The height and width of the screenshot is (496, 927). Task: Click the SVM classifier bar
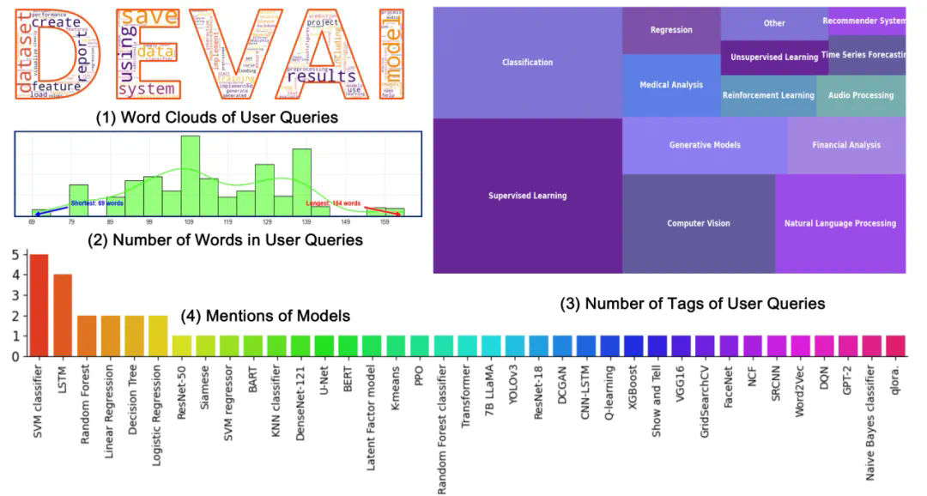(39, 305)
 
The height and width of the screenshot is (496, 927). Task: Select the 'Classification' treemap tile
(527, 63)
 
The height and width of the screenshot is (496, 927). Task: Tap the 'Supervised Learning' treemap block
(527, 196)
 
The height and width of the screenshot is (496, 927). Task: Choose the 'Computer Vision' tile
(698, 223)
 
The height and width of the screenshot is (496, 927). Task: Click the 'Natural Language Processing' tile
(839, 223)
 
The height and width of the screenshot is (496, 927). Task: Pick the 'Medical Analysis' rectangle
(671, 85)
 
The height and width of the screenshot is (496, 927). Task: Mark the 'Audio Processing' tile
(861, 95)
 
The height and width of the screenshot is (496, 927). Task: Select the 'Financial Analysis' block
(846, 145)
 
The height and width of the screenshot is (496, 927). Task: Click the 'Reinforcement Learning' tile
(767, 95)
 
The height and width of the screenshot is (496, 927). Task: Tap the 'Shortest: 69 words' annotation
(96, 203)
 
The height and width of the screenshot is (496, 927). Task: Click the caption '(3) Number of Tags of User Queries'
(692, 304)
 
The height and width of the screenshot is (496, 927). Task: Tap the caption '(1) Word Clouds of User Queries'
(216, 117)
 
